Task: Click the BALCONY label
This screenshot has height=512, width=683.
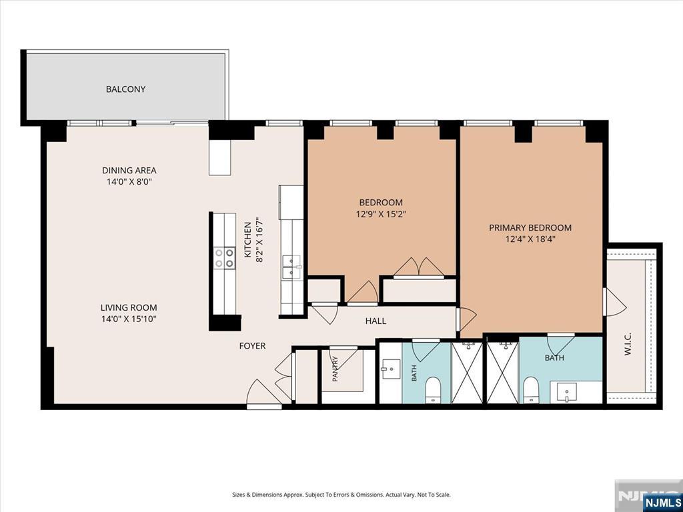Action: click(x=125, y=89)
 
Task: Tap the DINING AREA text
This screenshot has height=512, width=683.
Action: click(x=129, y=170)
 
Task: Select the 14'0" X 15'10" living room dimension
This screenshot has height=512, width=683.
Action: click(x=129, y=319)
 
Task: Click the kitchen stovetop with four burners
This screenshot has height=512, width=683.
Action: click(x=224, y=258)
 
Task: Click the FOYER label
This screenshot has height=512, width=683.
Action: click(x=252, y=346)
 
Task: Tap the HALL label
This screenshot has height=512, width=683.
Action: click(x=376, y=321)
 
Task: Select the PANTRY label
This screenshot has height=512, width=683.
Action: click(x=335, y=369)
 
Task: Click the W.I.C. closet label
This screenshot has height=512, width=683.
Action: click(x=628, y=345)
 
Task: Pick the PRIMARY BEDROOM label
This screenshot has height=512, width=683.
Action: click(x=530, y=228)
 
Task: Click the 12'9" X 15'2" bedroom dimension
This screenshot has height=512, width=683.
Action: click(x=381, y=214)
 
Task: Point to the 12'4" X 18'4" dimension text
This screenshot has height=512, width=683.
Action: click(x=530, y=239)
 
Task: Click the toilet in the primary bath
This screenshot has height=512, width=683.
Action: click(x=530, y=389)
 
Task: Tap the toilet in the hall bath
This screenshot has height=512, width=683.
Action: click(x=432, y=389)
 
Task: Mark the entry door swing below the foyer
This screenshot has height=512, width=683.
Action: click(x=264, y=394)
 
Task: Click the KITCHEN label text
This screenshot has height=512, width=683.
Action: click(x=247, y=240)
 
